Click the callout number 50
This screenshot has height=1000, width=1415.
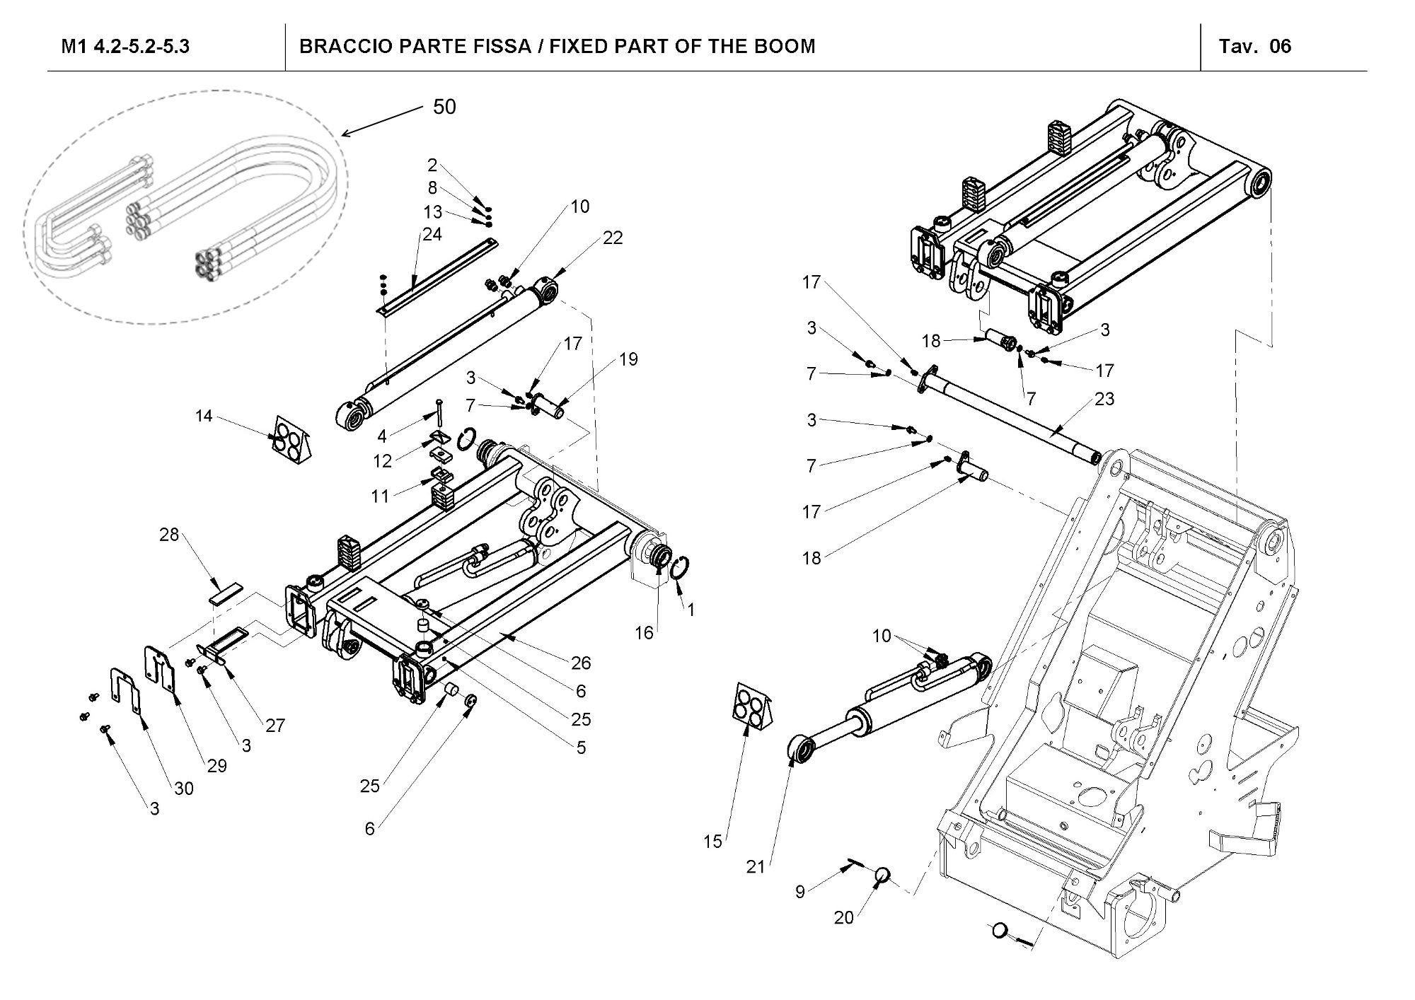pos(444,107)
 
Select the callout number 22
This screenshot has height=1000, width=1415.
pos(613,238)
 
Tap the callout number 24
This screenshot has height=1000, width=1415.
pos(432,234)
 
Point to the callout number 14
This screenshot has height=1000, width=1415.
pos(204,416)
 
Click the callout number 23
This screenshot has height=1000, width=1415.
pos(1104,399)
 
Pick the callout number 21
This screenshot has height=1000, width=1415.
pos(756,866)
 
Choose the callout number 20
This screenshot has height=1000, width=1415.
pos(844,917)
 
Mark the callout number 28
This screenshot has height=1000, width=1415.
pos(169,535)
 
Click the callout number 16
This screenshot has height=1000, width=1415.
pos(644,633)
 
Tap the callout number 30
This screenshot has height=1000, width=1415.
pos(184,788)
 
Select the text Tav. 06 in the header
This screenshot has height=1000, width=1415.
pos(1254,47)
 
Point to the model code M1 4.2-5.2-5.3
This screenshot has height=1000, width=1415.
pos(125,47)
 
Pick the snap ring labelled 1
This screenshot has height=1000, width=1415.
pos(682,568)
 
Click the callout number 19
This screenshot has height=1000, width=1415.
pos(628,359)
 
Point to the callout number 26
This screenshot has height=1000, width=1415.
pos(581,663)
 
